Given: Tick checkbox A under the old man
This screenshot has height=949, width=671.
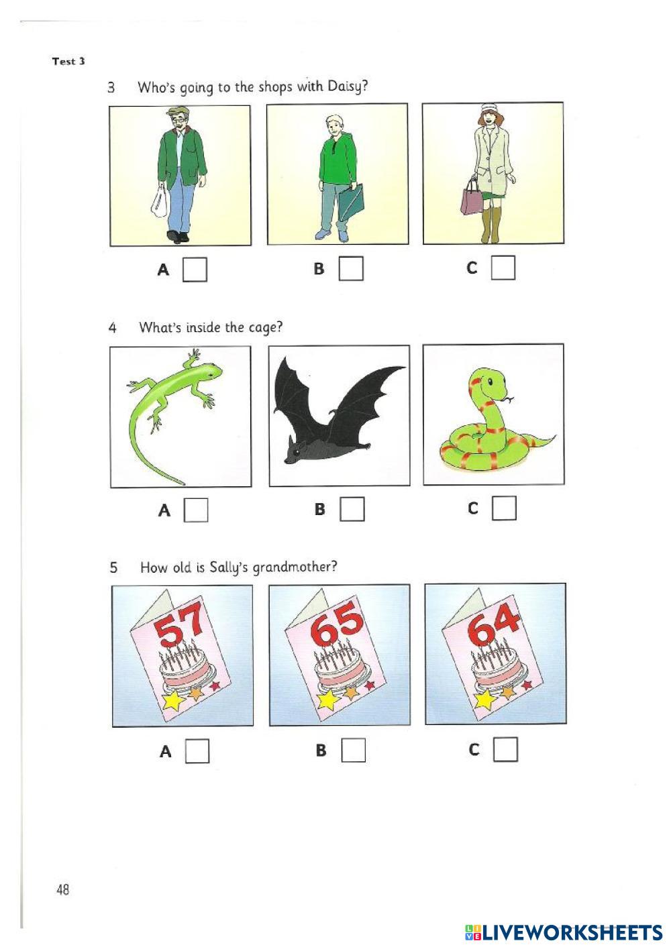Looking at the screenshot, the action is (x=195, y=270).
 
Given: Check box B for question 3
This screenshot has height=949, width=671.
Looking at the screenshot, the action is (x=351, y=268).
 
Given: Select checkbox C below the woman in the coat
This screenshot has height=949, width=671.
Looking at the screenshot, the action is (x=503, y=268).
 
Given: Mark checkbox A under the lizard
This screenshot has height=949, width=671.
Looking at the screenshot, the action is (x=196, y=510).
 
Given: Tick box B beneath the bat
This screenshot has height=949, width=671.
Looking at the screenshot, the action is (x=352, y=509).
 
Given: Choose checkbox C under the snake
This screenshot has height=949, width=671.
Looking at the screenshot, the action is (x=505, y=508).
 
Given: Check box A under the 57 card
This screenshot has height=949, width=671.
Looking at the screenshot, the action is (x=197, y=750).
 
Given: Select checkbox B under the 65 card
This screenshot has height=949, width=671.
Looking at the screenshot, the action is (x=353, y=750).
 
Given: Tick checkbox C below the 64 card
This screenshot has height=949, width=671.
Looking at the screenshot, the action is (x=505, y=749).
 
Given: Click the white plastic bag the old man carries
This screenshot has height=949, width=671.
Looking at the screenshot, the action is (x=160, y=202).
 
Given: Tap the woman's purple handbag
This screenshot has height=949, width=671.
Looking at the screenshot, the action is (x=472, y=197).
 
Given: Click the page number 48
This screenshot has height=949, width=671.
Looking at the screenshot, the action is (x=62, y=890).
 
